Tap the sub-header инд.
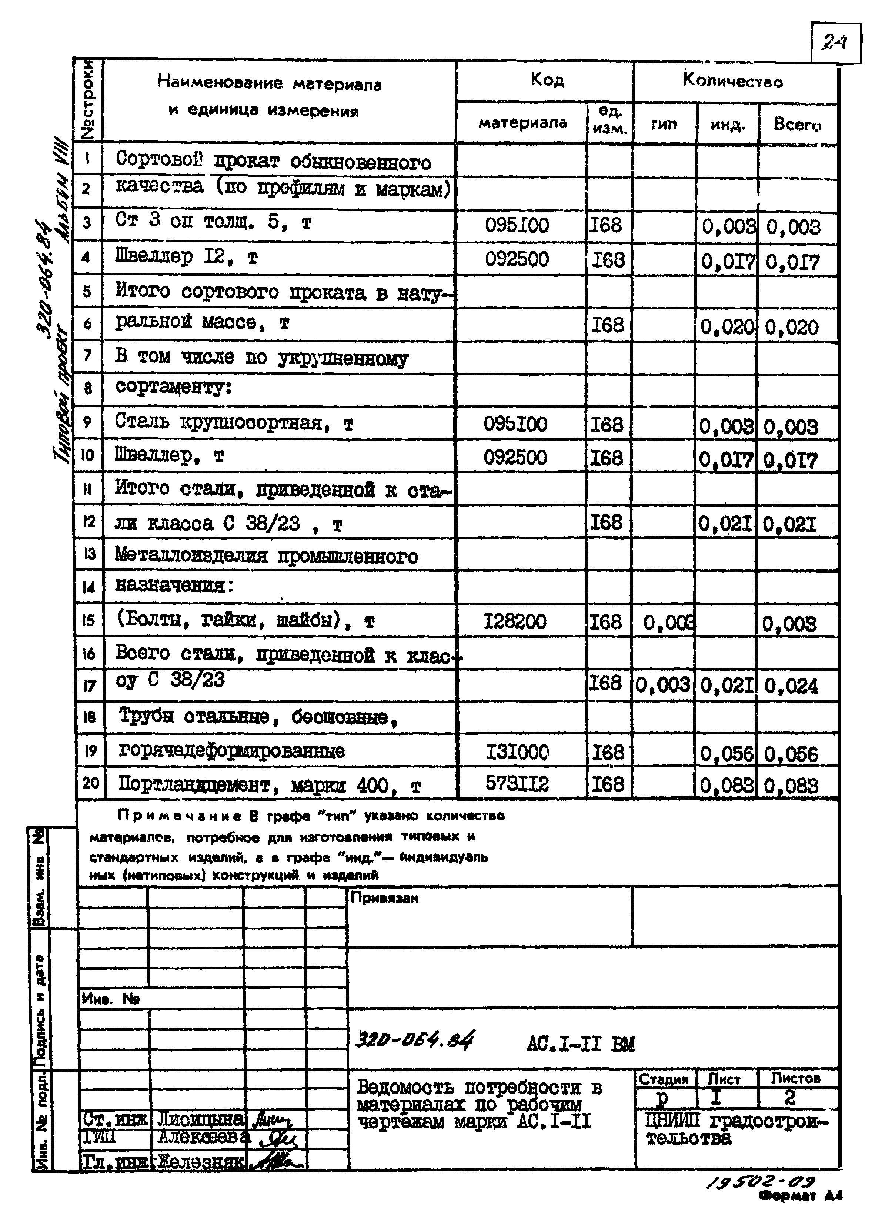coord(727,125)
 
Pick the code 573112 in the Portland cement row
coord(517,783)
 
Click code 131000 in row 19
coord(517,751)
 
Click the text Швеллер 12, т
coord(186,257)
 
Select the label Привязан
coord(384,898)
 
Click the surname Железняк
coord(200,1161)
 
